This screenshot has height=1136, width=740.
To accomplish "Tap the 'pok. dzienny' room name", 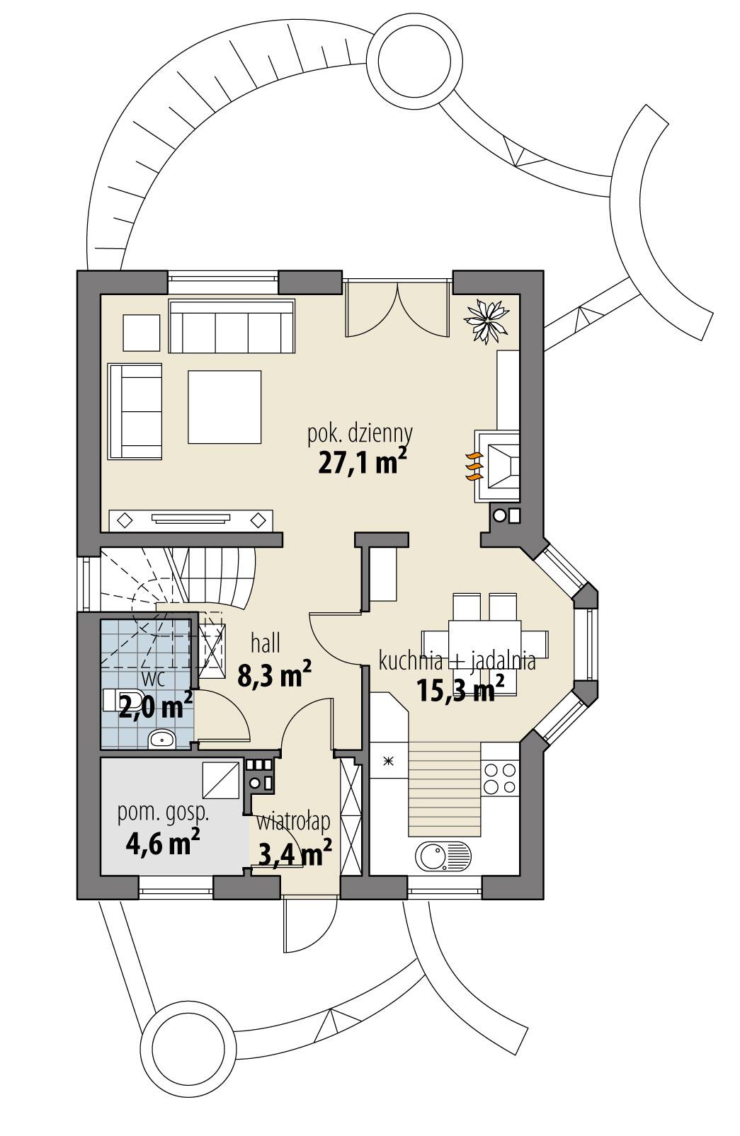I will [360, 433].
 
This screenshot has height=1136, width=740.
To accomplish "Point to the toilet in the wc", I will [125, 699].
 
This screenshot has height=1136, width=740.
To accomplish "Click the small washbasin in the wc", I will [163, 740].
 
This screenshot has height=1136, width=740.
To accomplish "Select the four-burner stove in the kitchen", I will [499, 778].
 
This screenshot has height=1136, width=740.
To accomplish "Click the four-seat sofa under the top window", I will [231, 326].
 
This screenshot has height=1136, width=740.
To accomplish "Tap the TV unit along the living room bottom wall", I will [191, 520].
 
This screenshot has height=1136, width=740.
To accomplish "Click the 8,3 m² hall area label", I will [275, 676].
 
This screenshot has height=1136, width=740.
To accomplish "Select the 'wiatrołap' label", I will [294, 822].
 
